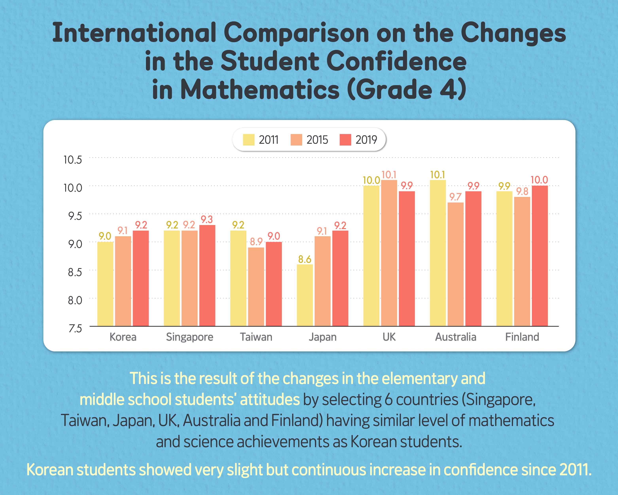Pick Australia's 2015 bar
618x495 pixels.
[x=455, y=264]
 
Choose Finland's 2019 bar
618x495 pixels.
[x=540, y=256]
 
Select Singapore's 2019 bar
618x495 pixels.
[x=207, y=275]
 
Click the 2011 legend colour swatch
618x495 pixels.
[x=249, y=140]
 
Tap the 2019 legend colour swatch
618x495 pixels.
[x=345, y=140]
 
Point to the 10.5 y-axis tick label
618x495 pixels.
[x=73, y=160]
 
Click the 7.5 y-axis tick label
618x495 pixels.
[x=75, y=328]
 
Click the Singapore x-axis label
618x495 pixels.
[x=189, y=337]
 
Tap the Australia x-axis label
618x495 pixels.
[x=455, y=337]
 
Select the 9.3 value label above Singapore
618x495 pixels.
[x=207, y=220]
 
